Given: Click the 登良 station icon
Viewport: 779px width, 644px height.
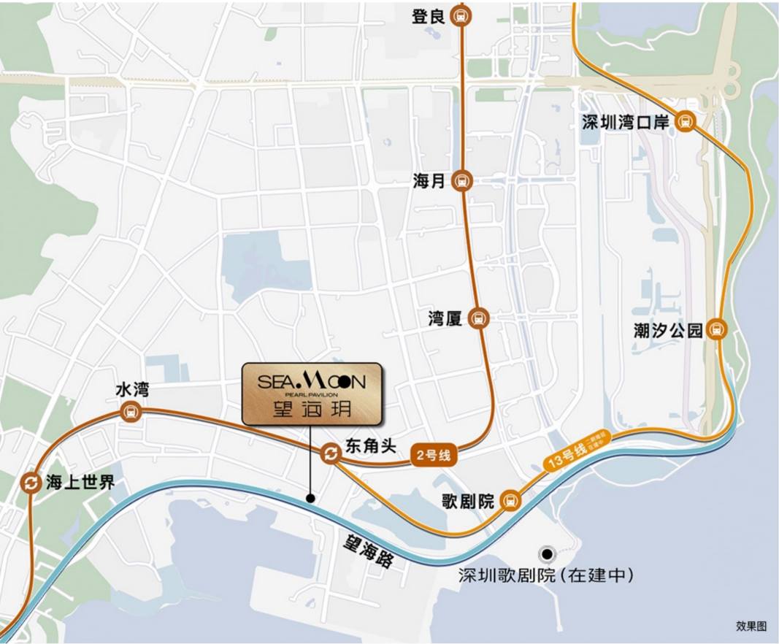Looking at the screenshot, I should (461, 15).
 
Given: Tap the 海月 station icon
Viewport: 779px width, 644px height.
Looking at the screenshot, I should (461, 180).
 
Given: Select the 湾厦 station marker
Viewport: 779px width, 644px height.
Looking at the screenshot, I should (479, 318).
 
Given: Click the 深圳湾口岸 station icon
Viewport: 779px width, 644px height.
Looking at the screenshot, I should (685, 122).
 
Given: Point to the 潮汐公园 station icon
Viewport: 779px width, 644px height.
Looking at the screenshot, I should (718, 330).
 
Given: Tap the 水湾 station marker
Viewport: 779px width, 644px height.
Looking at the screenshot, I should (131, 412).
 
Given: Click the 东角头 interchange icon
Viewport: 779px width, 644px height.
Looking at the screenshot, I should (330, 454).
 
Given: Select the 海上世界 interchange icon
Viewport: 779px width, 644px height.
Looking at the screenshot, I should (31, 483).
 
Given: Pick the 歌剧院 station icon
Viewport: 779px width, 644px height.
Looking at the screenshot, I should (511, 501).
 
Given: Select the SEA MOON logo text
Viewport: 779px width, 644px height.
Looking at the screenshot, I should (311, 380).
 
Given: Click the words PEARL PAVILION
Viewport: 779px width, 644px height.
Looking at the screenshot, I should (311, 395).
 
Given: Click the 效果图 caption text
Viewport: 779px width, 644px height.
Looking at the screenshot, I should (751, 626).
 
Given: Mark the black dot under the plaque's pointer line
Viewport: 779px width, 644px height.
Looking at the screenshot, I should (310, 499).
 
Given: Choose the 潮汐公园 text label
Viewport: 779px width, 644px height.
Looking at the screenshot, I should (668, 331).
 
